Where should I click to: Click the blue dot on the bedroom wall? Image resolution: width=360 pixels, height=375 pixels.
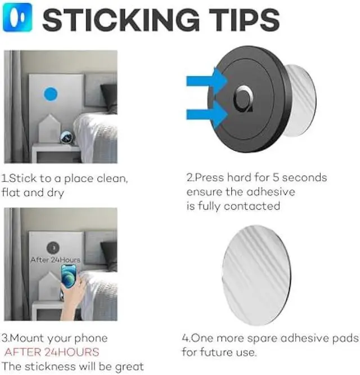pos(51,93)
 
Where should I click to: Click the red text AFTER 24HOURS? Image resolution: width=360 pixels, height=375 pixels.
pos(51,352)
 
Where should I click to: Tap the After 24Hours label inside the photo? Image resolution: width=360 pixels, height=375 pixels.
pos(56,260)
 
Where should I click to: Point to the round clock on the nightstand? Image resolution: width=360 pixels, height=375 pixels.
pos(66,136)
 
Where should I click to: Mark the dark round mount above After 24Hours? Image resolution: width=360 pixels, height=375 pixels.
pos(52,247)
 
